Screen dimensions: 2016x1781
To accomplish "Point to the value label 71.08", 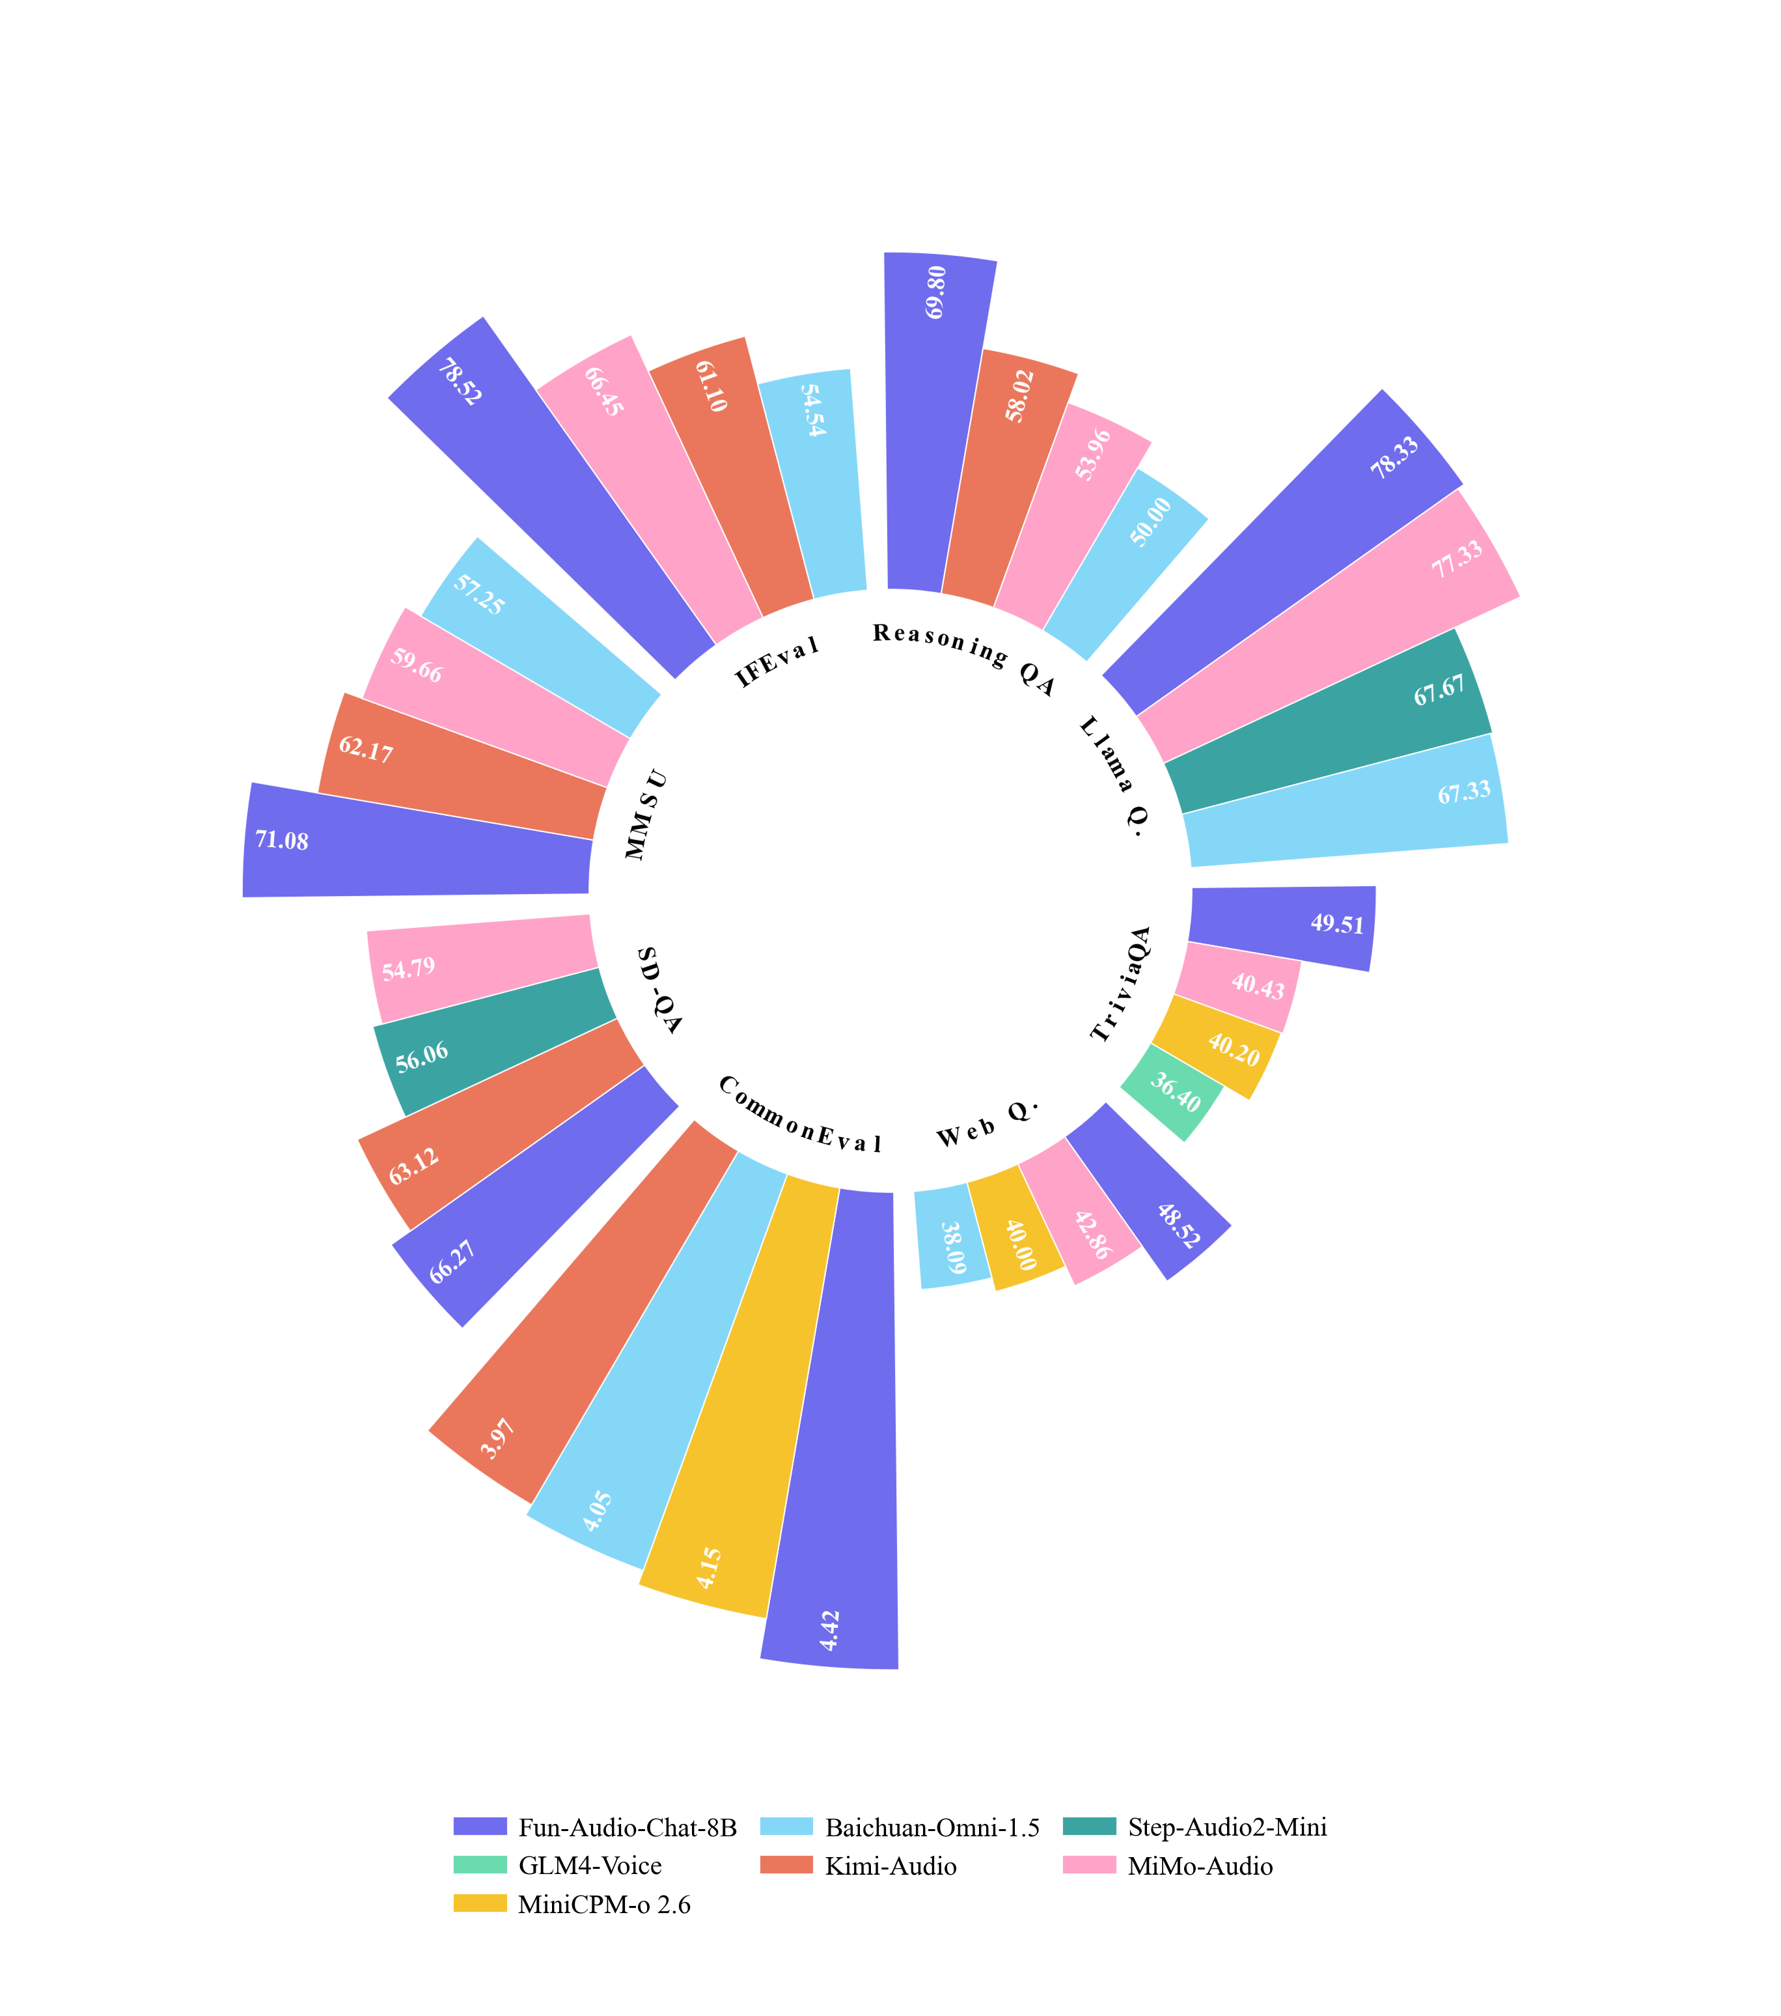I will click(x=282, y=841).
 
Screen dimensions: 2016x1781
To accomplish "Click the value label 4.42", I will click(x=831, y=1631).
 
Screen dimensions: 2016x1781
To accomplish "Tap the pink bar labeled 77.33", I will click(x=1331, y=626).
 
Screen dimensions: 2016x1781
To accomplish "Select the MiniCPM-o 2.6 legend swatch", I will click(x=480, y=1903).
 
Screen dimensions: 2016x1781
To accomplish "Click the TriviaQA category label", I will click(x=1121, y=983).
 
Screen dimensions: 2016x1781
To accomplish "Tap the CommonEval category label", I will click(x=799, y=1115).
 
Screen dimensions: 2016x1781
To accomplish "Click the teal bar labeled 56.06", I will click(x=493, y=1041).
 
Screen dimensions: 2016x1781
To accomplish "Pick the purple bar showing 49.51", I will click(x=1282, y=927).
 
